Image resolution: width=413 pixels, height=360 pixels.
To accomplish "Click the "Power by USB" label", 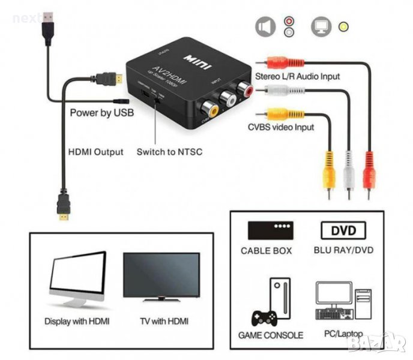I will pyautogui.click(x=101, y=112).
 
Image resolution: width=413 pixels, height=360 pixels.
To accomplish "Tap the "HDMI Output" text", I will pyautogui.click(x=97, y=152).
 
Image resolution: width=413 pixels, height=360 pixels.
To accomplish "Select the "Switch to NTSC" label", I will pyautogui.click(x=169, y=152).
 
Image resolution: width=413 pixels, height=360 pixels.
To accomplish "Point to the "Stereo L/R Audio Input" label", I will pyautogui.click(x=298, y=76).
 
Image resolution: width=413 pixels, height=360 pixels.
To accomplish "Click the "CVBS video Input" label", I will pyautogui.click(x=281, y=127).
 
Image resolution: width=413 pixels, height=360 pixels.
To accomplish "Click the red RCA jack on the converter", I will pyautogui.click(x=246, y=90).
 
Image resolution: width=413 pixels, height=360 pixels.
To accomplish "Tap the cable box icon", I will pyautogui.click(x=270, y=230).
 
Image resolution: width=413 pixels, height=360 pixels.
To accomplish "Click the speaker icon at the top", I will pyautogui.click(x=265, y=26).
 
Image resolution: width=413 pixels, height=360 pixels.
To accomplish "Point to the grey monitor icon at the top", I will pyautogui.click(x=321, y=26).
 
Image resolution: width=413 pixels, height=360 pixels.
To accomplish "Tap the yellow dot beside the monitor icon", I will pyautogui.click(x=343, y=27).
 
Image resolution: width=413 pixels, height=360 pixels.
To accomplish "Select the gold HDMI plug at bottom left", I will pyautogui.click(x=63, y=206).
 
